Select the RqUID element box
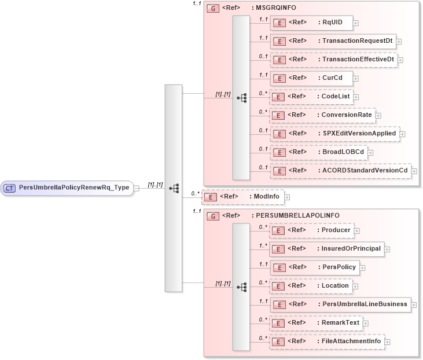pos(311,23)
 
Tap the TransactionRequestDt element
pos(333,42)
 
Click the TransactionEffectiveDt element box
pos(333,60)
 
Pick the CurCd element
pos(311,78)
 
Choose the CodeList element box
pos(311,97)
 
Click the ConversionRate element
pos(322,115)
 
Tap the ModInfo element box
pos(242,197)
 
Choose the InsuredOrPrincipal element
pos(327,249)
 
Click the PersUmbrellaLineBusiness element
pos(340,304)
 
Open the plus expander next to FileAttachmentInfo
pos(387,342)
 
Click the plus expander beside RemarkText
pos(366,324)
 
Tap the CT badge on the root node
pos(10,188)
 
